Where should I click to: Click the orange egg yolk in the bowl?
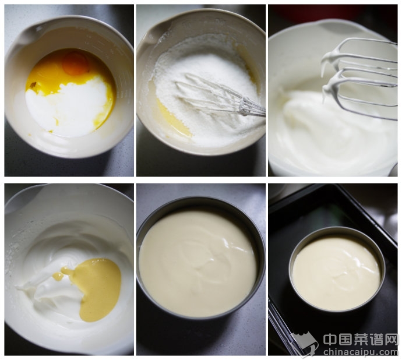(x=75, y=63)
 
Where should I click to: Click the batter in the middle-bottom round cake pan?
(x=198, y=264)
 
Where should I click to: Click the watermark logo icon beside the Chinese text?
(x=305, y=343)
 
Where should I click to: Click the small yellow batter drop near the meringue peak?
(x=58, y=276)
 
